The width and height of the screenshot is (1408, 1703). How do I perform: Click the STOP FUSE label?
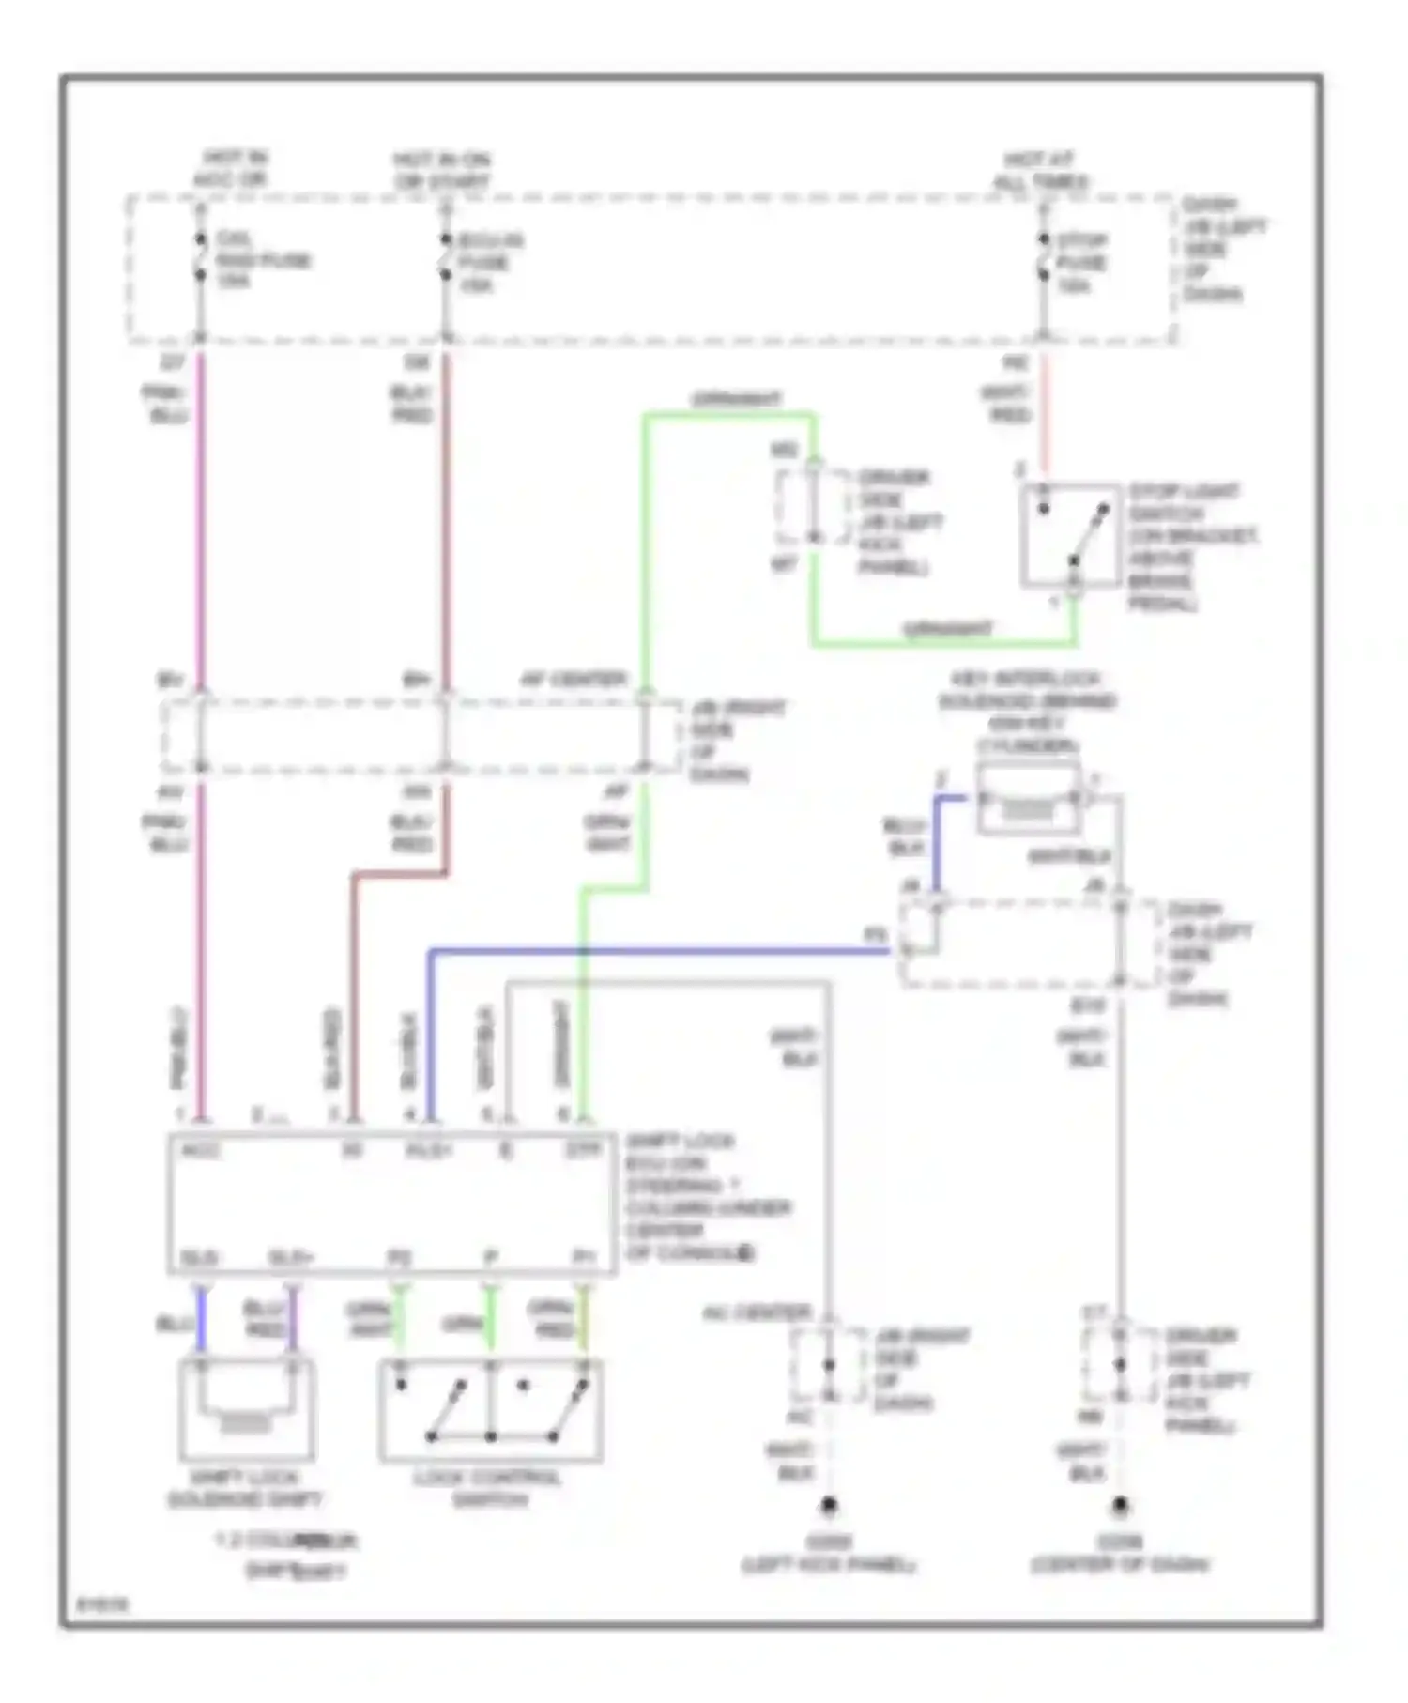click(x=1080, y=263)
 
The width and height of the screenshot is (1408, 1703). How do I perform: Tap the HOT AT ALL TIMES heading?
click(x=1040, y=170)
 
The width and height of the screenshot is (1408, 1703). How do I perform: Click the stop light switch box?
click(x=1070, y=535)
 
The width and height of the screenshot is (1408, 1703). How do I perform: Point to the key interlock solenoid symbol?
click(x=1028, y=799)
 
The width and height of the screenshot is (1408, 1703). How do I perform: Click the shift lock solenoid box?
click(x=246, y=1408)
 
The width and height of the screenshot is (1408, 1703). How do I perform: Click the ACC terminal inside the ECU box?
click(x=200, y=1151)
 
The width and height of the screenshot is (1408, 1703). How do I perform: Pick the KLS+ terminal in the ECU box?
click(x=429, y=1151)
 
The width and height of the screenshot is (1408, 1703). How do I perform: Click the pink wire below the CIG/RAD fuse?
click(x=201, y=516)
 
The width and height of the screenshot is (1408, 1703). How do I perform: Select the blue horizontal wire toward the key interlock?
click(x=657, y=952)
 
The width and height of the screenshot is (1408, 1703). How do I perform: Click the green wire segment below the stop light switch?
click(x=943, y=644)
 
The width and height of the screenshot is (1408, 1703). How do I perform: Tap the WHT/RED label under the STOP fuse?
click(x=1007, y=404)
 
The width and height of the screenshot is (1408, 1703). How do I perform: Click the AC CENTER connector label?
click(x=756, y=1312)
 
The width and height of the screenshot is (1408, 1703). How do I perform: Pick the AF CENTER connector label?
click(x=574, y=679)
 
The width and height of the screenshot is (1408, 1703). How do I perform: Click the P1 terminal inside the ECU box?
click(x=583, y=1257)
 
